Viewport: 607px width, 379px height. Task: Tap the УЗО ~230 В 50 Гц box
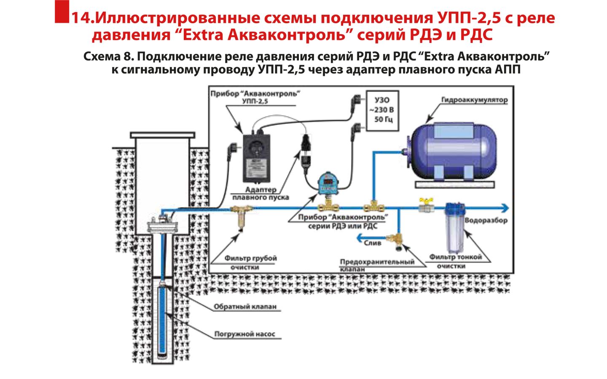coord(382,110)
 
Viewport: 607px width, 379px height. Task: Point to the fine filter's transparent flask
coord(455,230)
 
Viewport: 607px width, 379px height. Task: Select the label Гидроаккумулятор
coord(474,100)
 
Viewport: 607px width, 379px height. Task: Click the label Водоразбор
coord(486,220)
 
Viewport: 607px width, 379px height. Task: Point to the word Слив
coord(372,243)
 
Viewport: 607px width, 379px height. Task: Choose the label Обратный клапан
coord(245,307)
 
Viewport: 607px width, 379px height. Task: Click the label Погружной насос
coord(244,334)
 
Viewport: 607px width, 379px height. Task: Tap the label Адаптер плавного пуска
coord(261,194)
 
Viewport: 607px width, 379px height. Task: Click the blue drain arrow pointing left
coord(360,238)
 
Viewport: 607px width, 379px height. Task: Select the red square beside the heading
coord(62,11)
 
